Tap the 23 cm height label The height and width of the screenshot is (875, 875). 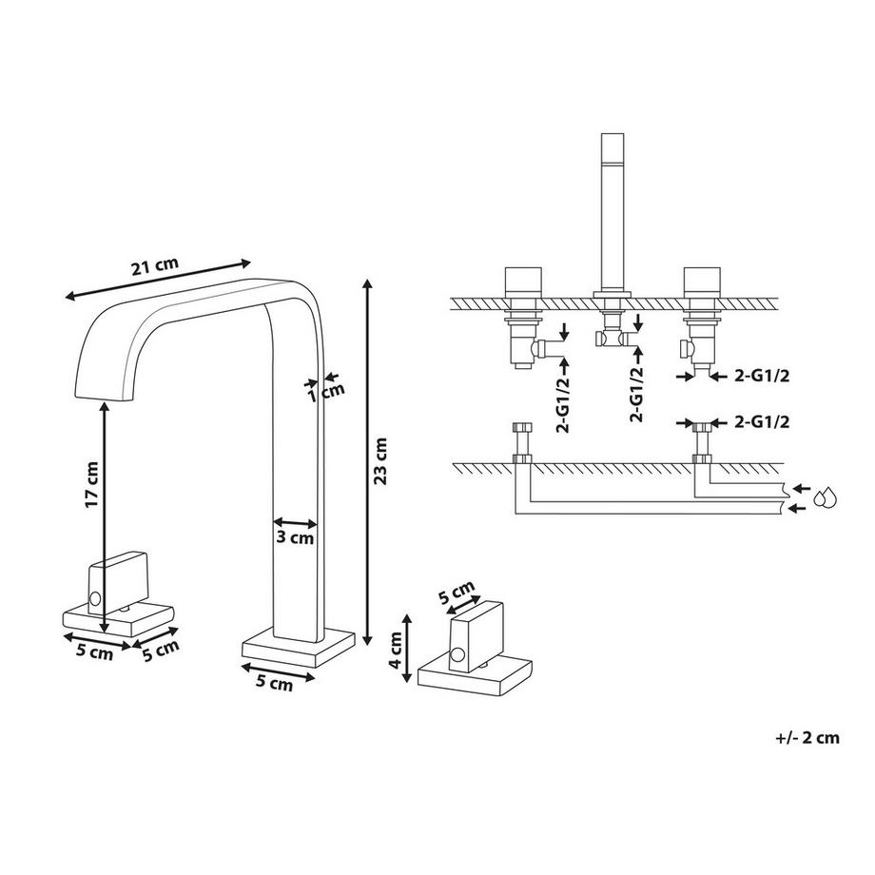pyautogui.click(x=381, y=461)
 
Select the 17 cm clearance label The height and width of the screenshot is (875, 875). pyautogui.click(x=92, y=485)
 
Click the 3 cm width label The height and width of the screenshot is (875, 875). pyautogui.click(x=295, y=537)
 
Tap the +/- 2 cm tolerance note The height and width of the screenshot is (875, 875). pyautogui.click(x=807, y=738)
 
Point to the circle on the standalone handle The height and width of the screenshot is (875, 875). pyautogui.click(x=457, y=656)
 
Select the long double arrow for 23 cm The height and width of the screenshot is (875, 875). pyautogui.click(x=366, y=461)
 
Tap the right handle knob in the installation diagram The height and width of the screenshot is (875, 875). pyautogui.click(x=701, y=282)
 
